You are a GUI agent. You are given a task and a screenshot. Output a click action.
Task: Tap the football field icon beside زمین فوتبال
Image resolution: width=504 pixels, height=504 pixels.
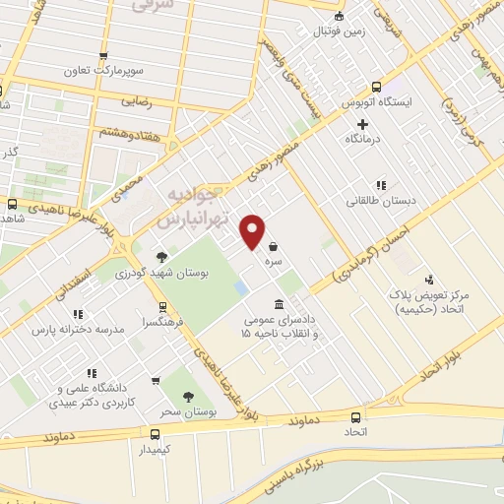pos(340,15)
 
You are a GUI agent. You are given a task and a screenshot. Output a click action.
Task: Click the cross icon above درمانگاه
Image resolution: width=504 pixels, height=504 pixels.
pos(362,124)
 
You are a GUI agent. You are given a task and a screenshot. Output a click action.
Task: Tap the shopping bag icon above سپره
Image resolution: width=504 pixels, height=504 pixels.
pos(271,246)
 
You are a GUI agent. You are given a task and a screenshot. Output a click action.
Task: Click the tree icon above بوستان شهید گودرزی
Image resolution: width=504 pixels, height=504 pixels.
pos(161,256)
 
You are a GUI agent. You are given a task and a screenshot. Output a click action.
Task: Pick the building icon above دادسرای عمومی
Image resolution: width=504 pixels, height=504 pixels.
pos(279,302)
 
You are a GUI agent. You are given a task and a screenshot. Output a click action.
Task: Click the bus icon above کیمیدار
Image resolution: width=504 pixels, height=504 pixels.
pos(155,434)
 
